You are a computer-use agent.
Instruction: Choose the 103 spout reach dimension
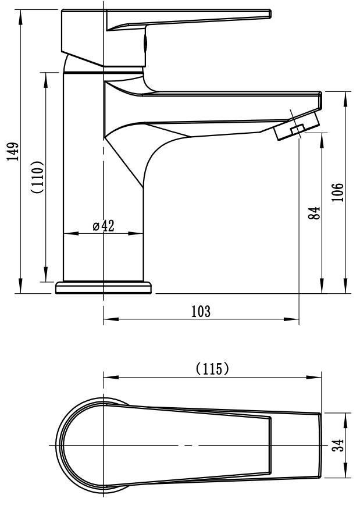201,311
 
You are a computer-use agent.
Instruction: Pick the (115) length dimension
212,369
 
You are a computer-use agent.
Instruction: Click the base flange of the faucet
104,287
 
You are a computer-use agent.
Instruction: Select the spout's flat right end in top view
320,446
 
